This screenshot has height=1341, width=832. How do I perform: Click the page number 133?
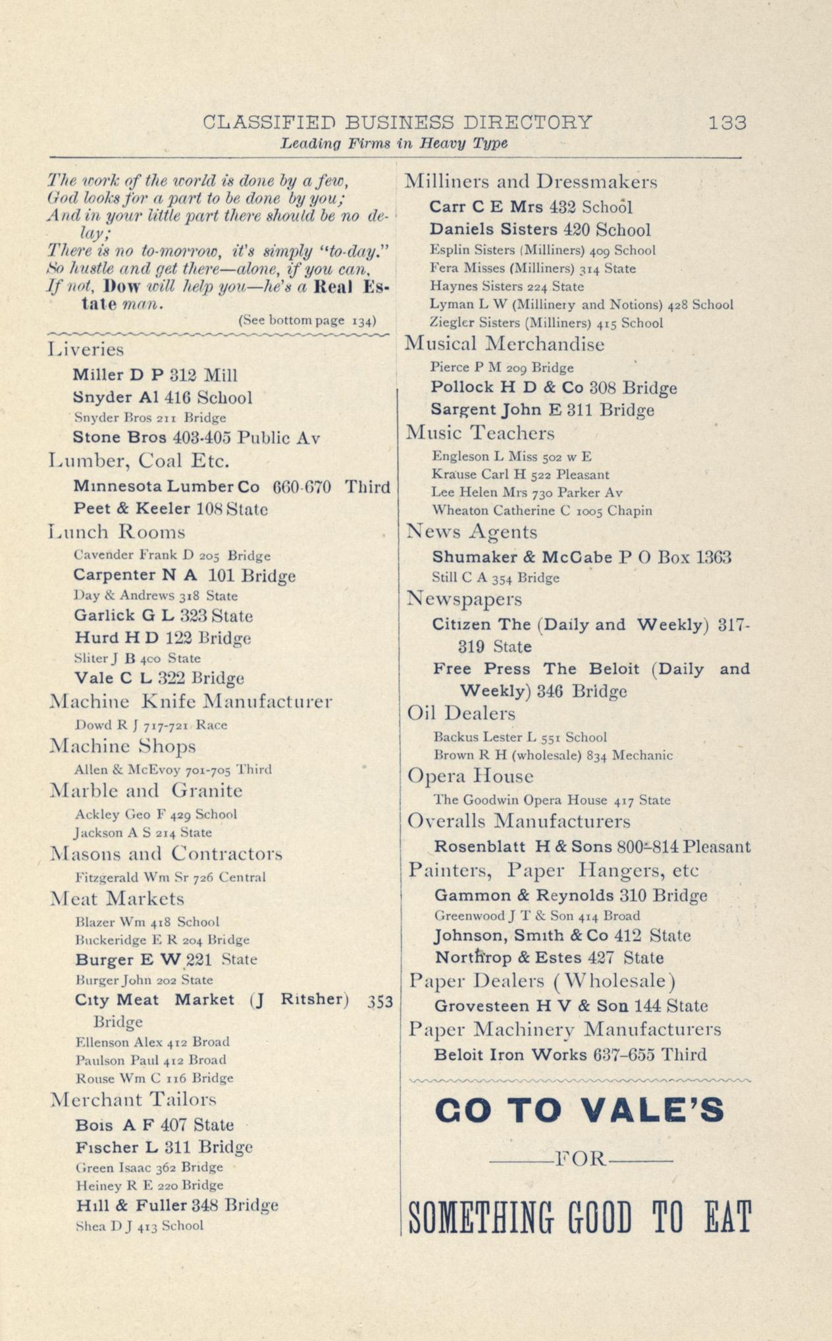pyautogui.click(x=727, y=123)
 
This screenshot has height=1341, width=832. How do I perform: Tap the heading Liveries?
pyautogui.click(x=86, y=350)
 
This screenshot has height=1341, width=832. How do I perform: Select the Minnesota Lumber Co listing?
pyautogui.click(x=232, y=487)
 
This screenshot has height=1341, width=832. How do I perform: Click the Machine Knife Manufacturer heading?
pyautogui.click(x=191, y=702)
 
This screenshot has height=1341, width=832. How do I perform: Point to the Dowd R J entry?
pyautogui.click(x=151, y=725)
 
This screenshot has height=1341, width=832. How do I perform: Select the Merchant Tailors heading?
pyautogui.click(x=134, y=1099)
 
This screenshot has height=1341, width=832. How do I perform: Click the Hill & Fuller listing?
pyautogui.click(x=176, y=1205)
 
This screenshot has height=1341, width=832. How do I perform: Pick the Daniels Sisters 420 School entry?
pyautogui.click(x=540, y=230)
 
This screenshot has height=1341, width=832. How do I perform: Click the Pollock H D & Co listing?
pyautogui.click(x=554, y=388)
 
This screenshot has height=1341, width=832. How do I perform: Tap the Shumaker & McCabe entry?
pyautogui.click(x=582, y=558)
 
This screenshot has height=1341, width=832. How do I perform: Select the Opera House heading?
pyautogui.click(x=470, y=777)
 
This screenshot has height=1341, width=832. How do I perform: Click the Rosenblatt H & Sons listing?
pyautogui.click(x=592, y=847)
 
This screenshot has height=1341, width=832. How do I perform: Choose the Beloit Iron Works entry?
pyautogui.click(x=570, y=1055)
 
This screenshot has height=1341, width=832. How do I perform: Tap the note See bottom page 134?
pyautogui.click(x=307, y=321)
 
